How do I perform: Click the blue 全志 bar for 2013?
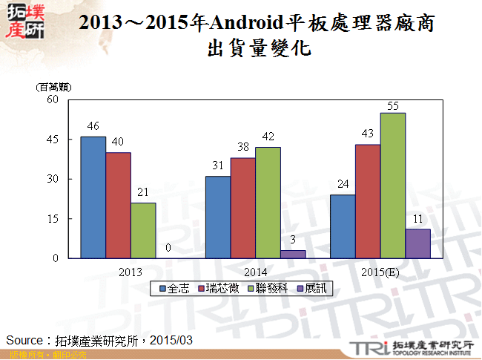click(x=93, y=197)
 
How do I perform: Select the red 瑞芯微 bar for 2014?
click(x=242, y=208)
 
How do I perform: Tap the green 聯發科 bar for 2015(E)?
click(x=392, y=186)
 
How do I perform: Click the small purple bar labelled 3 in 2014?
click(x=293, y=254)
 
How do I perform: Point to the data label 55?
click(x=393, y=105)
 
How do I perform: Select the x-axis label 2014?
click(x=255, y=271)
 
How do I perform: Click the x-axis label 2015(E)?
click(x=380, y=271)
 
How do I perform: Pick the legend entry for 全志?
click(x=174, y=287)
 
